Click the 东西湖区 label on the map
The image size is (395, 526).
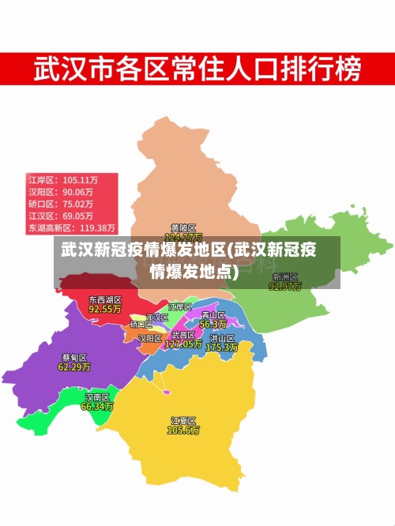pos(104,300)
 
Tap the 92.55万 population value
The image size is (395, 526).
pos(104,310)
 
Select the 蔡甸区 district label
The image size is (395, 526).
pos(74,357)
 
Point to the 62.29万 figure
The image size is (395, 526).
pos(74,366)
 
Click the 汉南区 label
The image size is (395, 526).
pos(97,397)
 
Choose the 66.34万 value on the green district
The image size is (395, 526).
pos(97,407)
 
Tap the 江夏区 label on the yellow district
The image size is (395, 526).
pos(182,421)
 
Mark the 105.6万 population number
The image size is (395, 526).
pos(182,430)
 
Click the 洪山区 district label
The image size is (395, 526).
pos(221,337)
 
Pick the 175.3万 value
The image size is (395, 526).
pos(221,347)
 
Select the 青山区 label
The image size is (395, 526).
pos(213,315)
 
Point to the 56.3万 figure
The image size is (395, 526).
pos(213,324)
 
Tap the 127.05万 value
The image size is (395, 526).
pos(183,344)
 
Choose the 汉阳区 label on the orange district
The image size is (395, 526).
pos(150,338)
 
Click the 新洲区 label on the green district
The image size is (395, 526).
pos(284,277)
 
